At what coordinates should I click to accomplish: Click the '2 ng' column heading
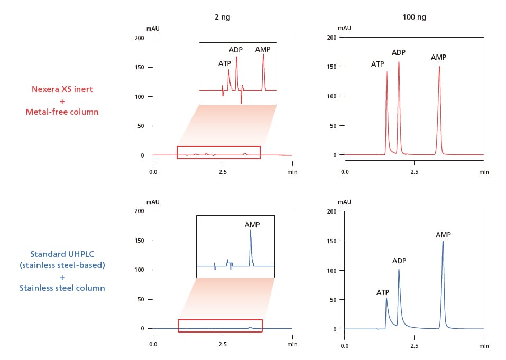tap(222, 17)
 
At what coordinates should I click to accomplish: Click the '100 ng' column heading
tap(414, 17)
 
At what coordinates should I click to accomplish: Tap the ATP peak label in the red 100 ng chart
tap(378, 64)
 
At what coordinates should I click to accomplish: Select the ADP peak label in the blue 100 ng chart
tap(399, 261)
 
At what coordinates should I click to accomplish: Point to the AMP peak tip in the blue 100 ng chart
tap(443, 241)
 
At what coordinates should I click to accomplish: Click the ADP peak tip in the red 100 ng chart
tap(399, 62)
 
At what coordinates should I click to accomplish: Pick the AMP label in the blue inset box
tap(252, 225)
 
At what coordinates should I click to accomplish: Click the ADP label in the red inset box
tap(236, 50)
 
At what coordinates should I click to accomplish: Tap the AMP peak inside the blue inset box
tap(251, 231)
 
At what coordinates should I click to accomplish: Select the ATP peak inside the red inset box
tap(229, 70)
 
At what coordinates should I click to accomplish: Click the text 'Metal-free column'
tap(62, 112)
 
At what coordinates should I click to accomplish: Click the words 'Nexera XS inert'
tap(62, 89)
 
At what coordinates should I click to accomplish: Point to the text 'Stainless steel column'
tap(62, 288)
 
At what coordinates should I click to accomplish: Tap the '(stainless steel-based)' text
tap(62, 265)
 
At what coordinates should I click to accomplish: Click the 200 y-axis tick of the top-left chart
tap(140, 38)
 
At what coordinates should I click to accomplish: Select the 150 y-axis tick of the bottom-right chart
tap(332, 241)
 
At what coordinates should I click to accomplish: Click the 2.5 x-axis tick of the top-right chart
tap(415, 172)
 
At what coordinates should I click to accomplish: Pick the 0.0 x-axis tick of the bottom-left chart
tap(153, 345)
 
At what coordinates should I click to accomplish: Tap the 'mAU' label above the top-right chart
tap(345, 27)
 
